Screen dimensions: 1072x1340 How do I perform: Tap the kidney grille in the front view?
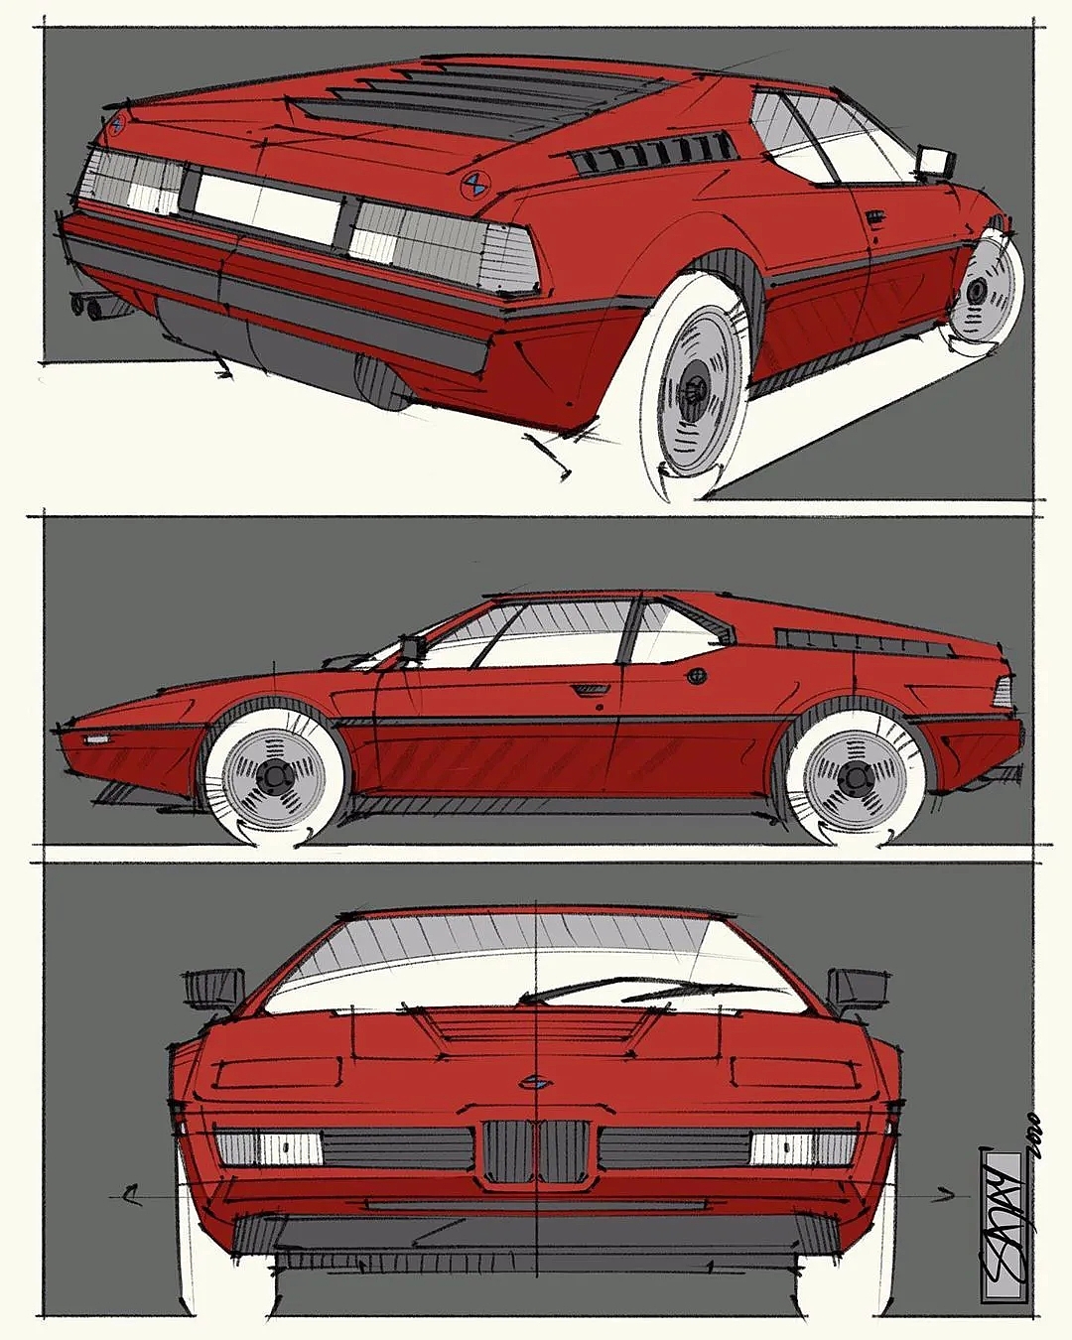[x=536, y=1151]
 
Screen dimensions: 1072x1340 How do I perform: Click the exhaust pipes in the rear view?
[x=88, y=306]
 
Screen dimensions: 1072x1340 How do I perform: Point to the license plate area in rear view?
[x=268, y=206]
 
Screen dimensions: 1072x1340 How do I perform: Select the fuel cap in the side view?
[x=698, y=676]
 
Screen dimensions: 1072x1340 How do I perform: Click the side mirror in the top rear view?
[x=936, y=162]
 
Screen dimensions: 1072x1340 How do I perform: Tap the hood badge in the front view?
[x=536, y=1083]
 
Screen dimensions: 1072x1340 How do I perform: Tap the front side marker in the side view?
[x=96, y=739]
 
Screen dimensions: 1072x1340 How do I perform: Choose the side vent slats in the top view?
[x=655, y=152]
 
